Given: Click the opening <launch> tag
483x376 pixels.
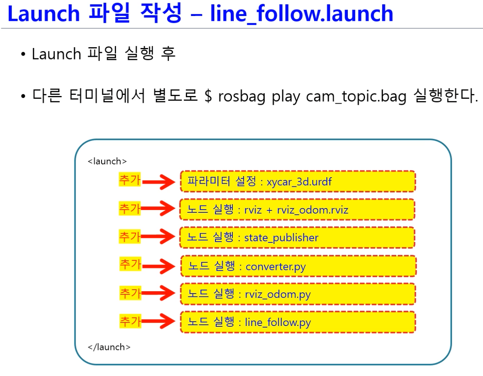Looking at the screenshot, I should point(107,162).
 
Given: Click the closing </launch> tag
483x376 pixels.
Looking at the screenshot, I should point(109,347).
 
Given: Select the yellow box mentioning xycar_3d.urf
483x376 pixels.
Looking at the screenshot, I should point(297,182).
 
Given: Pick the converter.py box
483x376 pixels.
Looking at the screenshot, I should point(298,266).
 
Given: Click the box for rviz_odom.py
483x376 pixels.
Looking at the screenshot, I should point(298,294).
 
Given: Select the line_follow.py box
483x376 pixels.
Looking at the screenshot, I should point(298,322).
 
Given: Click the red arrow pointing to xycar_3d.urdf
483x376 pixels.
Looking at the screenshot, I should point(159,182).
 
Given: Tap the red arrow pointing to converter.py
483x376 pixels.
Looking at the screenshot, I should point(160,266).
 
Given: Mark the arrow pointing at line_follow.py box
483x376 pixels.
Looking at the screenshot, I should point(160,322).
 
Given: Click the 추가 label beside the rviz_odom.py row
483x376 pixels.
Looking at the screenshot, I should point(130,294).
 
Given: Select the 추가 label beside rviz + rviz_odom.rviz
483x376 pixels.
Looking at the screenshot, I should point(130,208).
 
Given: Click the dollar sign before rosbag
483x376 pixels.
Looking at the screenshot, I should point(208,97).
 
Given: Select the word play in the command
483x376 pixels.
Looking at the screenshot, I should point(286,97).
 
